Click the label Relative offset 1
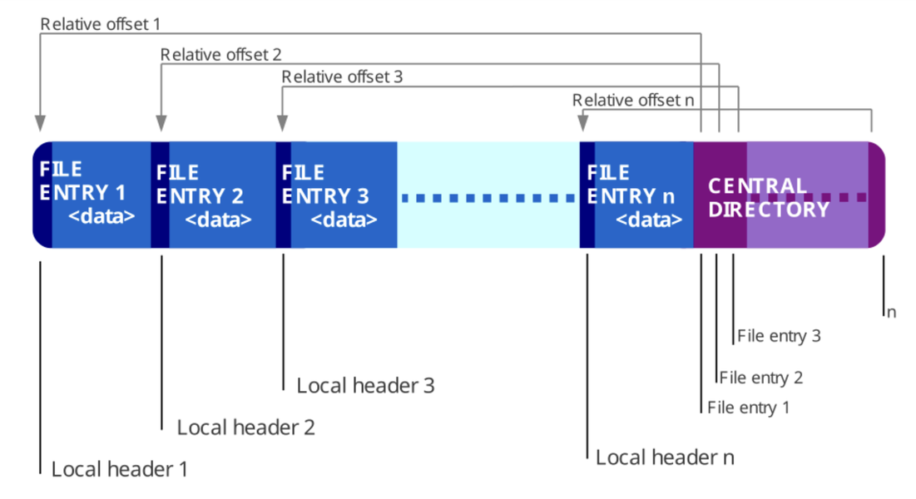tap(100, 23)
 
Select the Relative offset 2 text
tap(220, 55)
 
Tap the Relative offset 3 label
tap(342, 77)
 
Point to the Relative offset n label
tap(633, 100)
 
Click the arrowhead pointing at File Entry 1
tap(39, 122)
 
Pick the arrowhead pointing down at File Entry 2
tap(161, 122)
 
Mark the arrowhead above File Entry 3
tap(282, 122)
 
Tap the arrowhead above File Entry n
tap(583, 122)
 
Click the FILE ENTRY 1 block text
tap(87, 193)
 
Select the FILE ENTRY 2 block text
tap(204, 196)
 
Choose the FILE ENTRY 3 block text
tap(329, 196)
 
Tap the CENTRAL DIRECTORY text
tap(768, 197)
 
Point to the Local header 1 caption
tap(119, 469)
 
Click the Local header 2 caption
tap(245, 427)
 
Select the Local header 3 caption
tap(365, 385)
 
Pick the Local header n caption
tap(665, 457)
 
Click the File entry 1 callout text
tap(748, 408)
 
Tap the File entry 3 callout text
tap(779, 336)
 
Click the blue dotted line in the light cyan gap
tap(488, 198)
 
